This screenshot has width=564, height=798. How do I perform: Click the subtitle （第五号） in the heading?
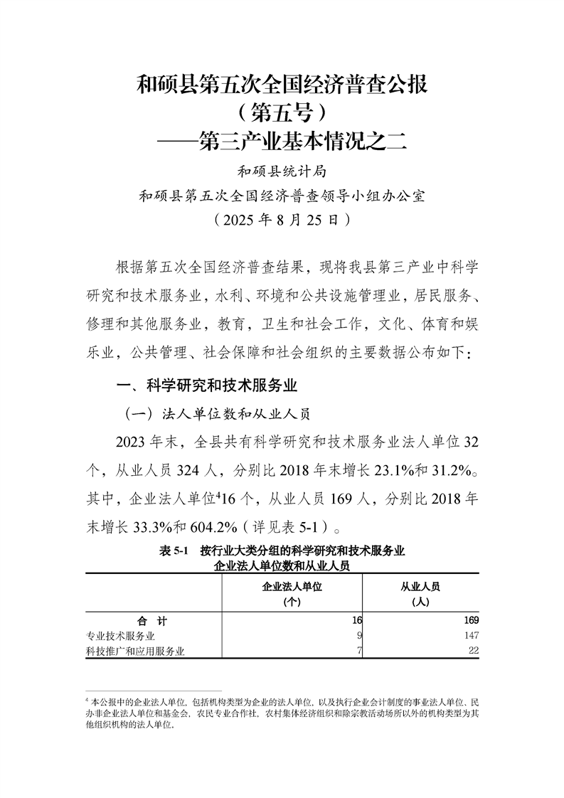282,113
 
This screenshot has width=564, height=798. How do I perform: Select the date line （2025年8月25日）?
282,220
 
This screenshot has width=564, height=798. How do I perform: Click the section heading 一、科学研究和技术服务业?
206,387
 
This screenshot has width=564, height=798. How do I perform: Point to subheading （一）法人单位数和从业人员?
218,413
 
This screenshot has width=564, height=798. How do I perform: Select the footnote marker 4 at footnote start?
86,701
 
